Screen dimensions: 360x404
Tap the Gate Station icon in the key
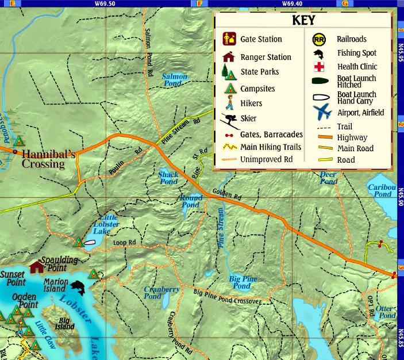pyautogui.click(x=228, y=40)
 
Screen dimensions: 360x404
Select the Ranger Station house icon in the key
pyautogui.click(x=229, y=57)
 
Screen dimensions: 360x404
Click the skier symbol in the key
pyautogui.click(x=229, y=120)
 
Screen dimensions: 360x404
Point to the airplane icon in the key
pyautogui.click(x=322, y=111)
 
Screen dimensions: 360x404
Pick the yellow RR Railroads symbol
pyautogui.click(x=319, y=40)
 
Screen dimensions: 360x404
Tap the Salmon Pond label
pyautogui.click(x=174, y=80)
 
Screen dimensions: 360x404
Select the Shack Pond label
pyautogui.click(x=168, y=178)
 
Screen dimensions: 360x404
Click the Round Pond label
pyautogui.click(x=191, y=201)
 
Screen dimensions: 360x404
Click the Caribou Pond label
pyautogui.click(x=382, y=191)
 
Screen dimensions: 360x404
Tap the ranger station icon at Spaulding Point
pyautogui.click(x=37, y=267)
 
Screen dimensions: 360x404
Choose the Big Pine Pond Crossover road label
pyautogui.click(x=227, y=297)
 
